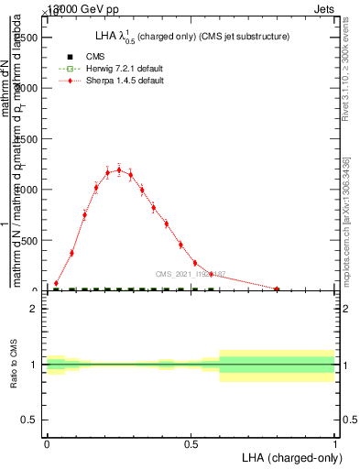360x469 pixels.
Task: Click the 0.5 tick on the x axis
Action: pos(191,442)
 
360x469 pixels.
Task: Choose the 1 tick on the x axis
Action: pos(335,442)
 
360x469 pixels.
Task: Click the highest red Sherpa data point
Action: pos(119,169)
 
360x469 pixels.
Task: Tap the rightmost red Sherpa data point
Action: pos(277,289)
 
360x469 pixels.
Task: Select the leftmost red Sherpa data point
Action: pos(56,284)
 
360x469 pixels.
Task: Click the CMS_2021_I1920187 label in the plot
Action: pos(191,274)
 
